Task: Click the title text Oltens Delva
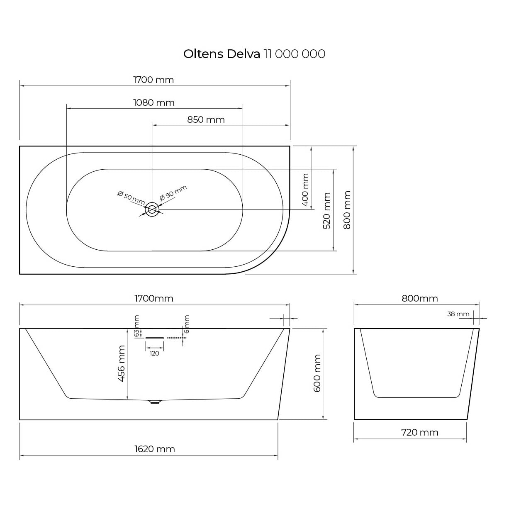[x=222, y=54]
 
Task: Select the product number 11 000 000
[x=295, y=54]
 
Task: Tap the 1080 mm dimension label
[x=154, y=102]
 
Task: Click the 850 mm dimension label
[x=206, y=119]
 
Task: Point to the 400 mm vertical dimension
[x=305, y=190]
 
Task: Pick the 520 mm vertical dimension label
[x=327, y=211]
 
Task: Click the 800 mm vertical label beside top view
[x=347, y=210]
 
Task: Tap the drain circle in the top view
[x=152, y=209]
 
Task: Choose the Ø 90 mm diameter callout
[x=173, y=193]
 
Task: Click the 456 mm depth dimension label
[x=121, y=363]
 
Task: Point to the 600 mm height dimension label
[x=317, y=373]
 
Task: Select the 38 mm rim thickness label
[x=458, y=314]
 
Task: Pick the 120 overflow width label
[x=154, y=353]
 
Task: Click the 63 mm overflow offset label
[x=136, y=326]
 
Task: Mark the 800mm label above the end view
[x=420, y=299]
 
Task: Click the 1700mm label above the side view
[x=154, y=299]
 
